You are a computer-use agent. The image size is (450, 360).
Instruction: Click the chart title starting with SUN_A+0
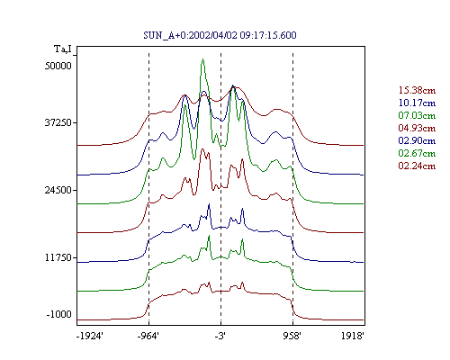pyautogui.click(x=220, y=35)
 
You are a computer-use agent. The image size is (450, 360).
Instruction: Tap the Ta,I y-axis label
pyautogui.click(x=63, y=49)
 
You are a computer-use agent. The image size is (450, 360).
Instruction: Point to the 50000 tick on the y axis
pyautogui.click(x=58, y=66)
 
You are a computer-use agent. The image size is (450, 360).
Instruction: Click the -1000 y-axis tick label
pyautogui.click(x=59, y=314)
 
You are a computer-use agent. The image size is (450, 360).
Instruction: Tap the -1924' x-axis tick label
pyautogui.click(x=90, y=336)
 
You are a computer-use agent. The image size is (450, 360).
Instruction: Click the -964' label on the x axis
pyautogui.click(x=148, y=336)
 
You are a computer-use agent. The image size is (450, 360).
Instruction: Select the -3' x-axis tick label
pyautogui.click(x=220, y=336)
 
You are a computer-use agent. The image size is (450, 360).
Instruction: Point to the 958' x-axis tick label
pyautogui.click(x=292, y=336)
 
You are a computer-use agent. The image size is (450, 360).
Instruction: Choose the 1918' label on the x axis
pyautogui.click(x=353, y=336)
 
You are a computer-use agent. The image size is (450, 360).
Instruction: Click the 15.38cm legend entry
pyautogui.click(x=417, y=90)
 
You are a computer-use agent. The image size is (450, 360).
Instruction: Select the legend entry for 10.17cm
pyautogui.click(x=417, y=103)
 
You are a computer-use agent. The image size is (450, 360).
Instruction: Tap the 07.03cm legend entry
pyautogui.click(x=417, y=115)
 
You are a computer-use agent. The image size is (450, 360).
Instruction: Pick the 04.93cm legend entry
pyautogui.click(x=417, y=128)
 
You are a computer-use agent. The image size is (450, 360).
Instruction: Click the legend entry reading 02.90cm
pyautogui.click(x=417, y=140)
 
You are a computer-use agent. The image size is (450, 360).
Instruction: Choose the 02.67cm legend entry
pyautogui.click(x=417, y=153)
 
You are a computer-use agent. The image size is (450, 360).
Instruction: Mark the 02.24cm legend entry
pyautogui.click(x=417, y=166)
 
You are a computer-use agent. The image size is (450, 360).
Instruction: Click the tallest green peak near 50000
pyautogui.click(x=203, y=59)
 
